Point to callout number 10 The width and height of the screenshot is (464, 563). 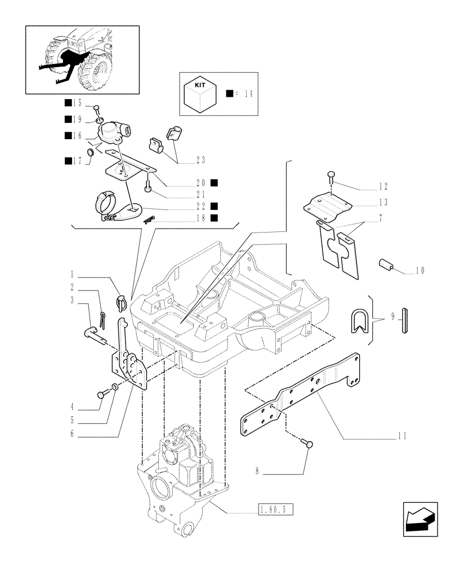(x=420, y=271)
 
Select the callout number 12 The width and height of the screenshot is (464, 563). (x=383, y=185)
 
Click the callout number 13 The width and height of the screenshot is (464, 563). (x=383, y=201)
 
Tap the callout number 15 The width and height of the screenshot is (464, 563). (x=77, y=103)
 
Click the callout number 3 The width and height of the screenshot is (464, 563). (x=73, y=301)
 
